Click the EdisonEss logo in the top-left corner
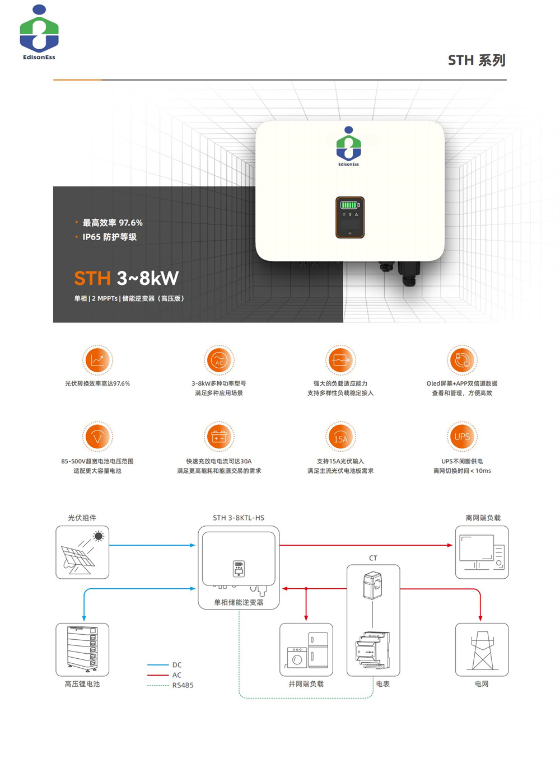point(39,32)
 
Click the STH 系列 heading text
point(477,60)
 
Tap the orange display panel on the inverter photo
point(350,217)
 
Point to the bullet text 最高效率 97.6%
point(113,223)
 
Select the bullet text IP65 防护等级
point(109,237)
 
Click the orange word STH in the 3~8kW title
point(92,278)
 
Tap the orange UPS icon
point(462,437)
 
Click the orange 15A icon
point(340,437)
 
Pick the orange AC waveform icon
point(219,360)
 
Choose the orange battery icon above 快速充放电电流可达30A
point(219,437)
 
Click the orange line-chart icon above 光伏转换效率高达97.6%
point(97,360)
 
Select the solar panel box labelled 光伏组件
point(82,552)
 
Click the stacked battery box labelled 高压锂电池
point(82,649)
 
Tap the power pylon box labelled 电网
point(482,649)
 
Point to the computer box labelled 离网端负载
point(482,552)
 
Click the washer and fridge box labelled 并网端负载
point(306,649)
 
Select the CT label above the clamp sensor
point(373,558)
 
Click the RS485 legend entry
point(183,685)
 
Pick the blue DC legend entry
point(176,665)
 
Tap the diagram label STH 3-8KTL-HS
point(239,518)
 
